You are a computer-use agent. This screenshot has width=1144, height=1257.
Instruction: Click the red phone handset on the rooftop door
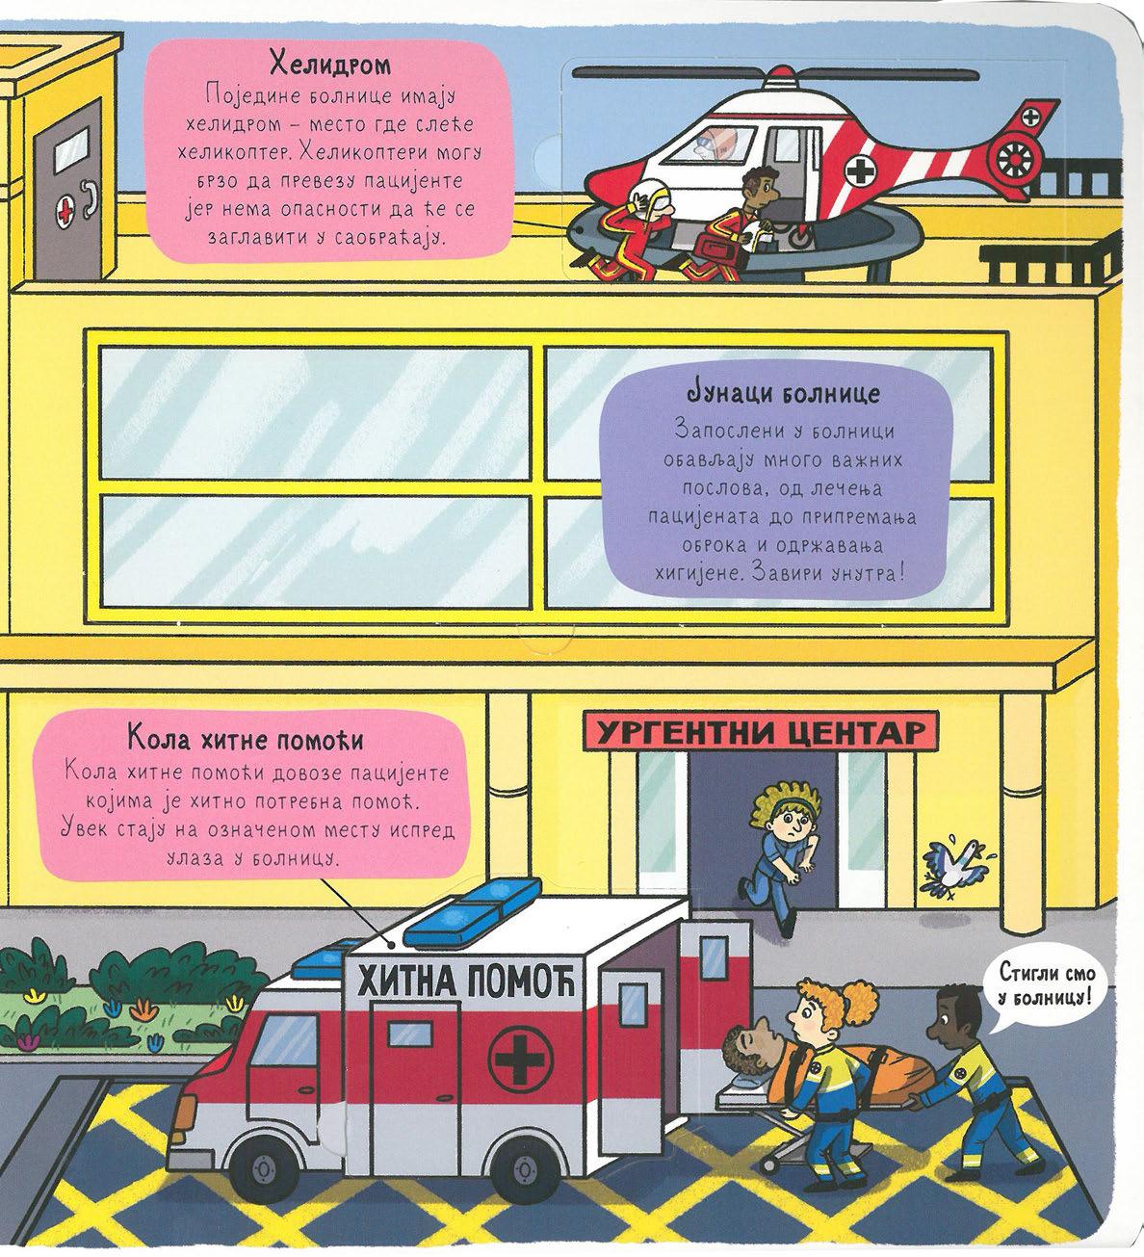tap(90, 199)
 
